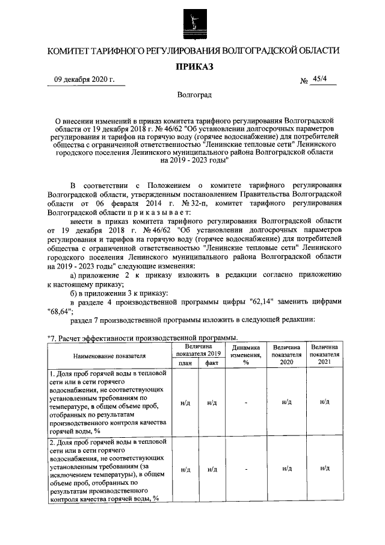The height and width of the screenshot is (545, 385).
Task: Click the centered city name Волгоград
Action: click(x=194, y=95)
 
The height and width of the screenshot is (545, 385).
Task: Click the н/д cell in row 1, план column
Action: click(x=185, y=402)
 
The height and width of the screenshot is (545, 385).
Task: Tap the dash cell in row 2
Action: click(x=246, y=469)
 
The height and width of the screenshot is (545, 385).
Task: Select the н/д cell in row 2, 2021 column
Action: click(x=324, y=469)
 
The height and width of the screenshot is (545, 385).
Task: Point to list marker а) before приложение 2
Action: click(x=75, y=275)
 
